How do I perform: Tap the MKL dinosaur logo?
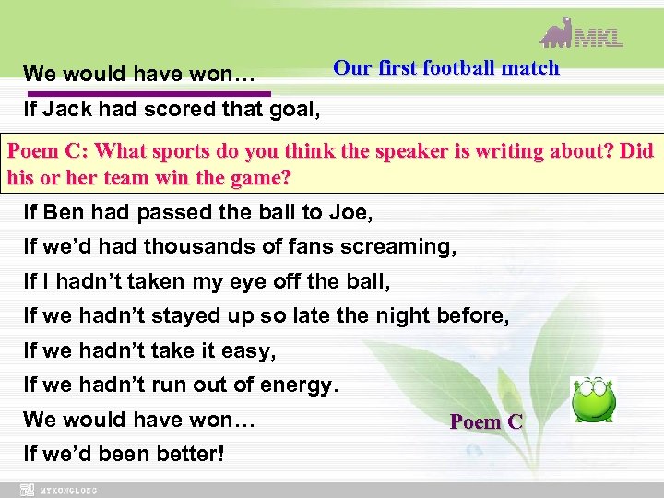click(x=581, y=33)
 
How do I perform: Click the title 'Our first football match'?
click(x=445, y=67)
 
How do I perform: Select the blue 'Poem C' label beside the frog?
click(x=486, y=422)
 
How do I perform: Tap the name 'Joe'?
click(x=353, y=213)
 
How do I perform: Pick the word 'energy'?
click(x=302, y=385)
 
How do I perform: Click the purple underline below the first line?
click(x=148, y=93)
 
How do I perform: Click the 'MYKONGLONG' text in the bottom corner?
click(x=68, y=490)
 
